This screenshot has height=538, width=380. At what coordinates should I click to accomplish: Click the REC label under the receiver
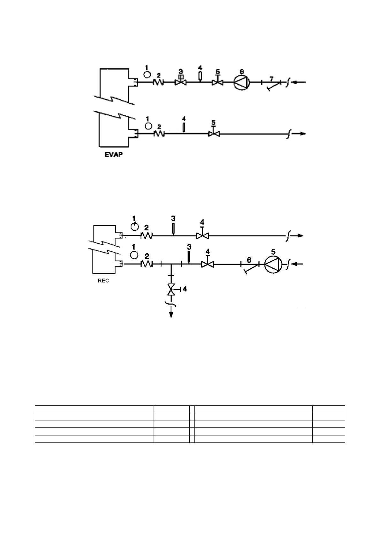point(103,281)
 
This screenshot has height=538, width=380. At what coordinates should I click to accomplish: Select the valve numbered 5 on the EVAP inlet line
point(217,82)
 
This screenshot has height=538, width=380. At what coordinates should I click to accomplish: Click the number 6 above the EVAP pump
point(242,71)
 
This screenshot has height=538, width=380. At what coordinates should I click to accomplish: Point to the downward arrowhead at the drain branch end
point(171,315)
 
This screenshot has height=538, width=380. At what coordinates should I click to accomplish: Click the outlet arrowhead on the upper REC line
point(300,236)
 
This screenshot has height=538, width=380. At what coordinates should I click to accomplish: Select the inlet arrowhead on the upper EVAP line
point(295,82)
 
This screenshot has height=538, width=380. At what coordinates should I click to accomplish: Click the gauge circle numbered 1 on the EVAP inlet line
point(147,74)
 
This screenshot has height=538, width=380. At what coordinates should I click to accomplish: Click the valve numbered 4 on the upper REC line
point(202,236)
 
